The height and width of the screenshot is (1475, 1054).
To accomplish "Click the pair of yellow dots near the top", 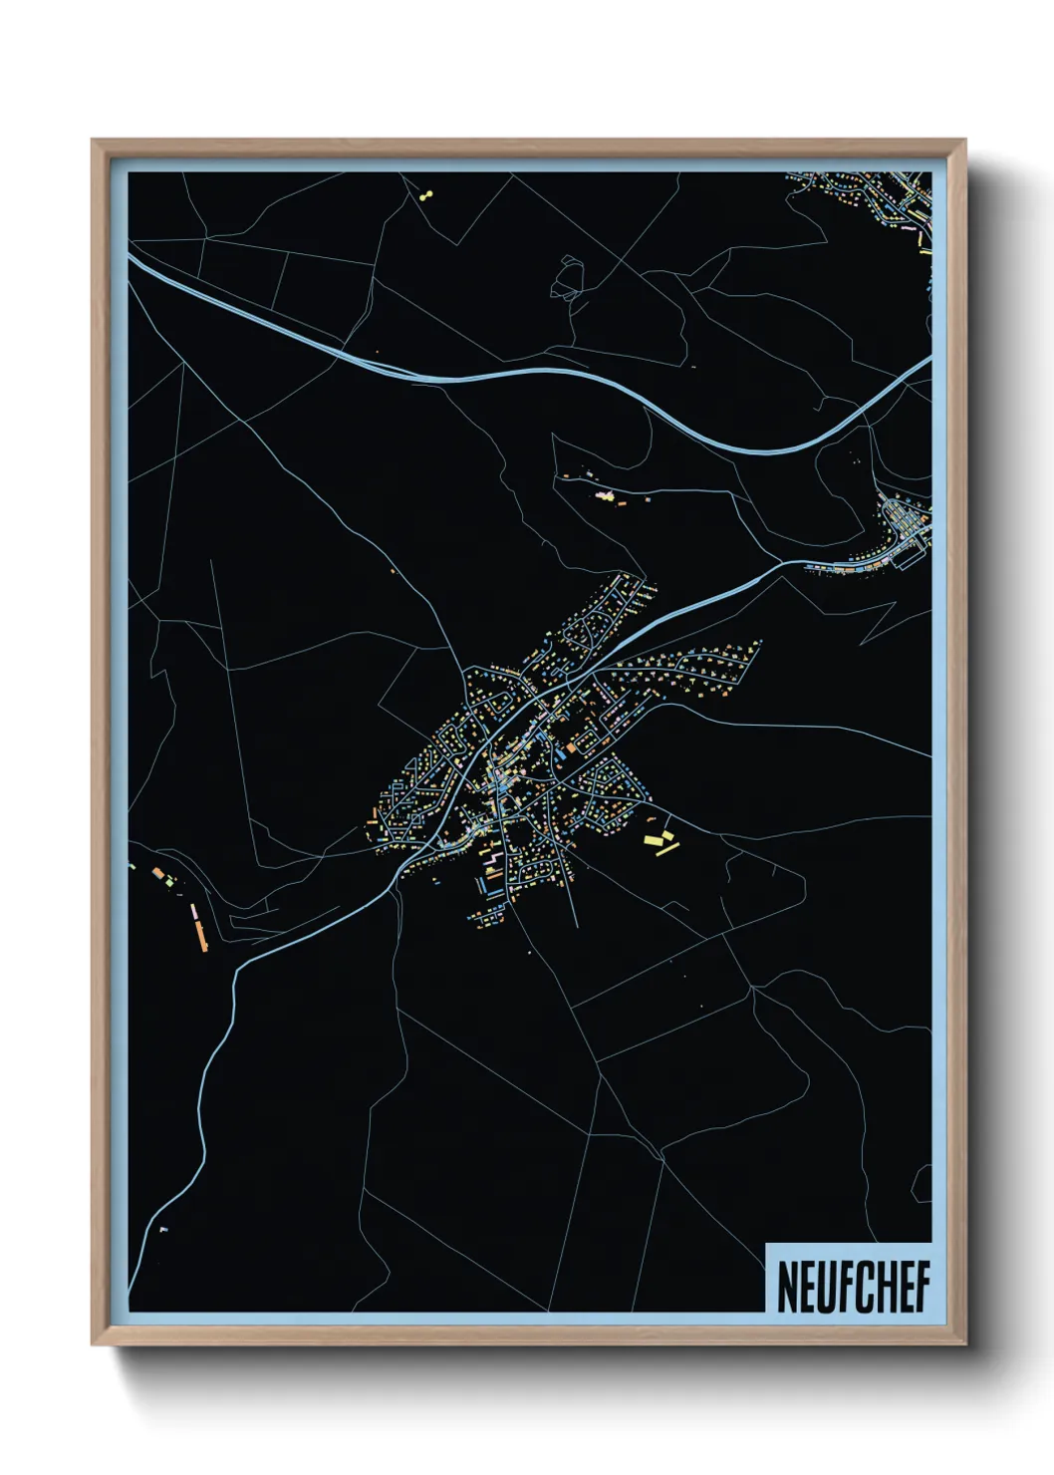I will [x=427, y=195].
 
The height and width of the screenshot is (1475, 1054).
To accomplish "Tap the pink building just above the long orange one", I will [x=194, y=911].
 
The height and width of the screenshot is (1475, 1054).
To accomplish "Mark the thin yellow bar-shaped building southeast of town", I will [x=667, y=849].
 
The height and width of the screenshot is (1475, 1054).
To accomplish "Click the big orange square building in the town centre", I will [x=571, y=745].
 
